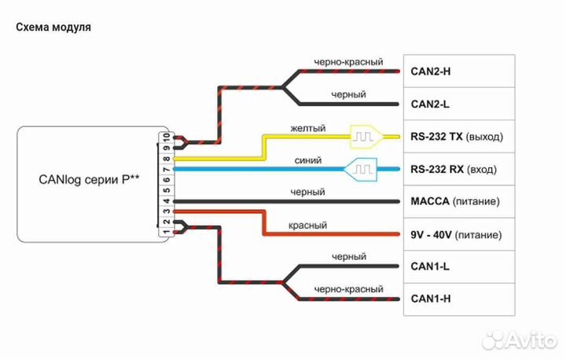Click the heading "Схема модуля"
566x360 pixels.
coord(53,27)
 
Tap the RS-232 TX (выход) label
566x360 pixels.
coord(456,137)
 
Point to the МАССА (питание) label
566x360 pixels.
coord(454,202)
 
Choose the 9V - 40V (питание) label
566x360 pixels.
coord(454,234)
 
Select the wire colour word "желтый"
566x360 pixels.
coord(307,128)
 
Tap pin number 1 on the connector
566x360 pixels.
coord(166,231)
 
